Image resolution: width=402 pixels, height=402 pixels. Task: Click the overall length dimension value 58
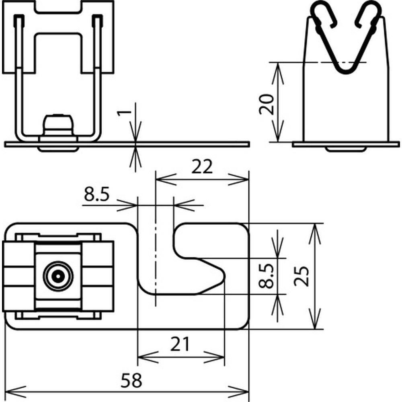(131, 380)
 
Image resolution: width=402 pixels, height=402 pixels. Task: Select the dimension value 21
(180, 344)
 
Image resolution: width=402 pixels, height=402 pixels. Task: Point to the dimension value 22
(202, 167)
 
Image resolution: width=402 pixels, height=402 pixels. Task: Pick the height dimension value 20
(267, 104)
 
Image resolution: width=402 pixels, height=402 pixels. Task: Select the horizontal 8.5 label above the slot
(96, 194)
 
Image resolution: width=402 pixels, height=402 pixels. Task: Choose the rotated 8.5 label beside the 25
(266, 276)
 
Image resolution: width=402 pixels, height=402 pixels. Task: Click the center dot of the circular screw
(58, 277)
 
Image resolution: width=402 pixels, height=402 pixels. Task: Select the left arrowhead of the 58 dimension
(15, 392)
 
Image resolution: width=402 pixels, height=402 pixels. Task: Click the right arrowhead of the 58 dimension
(238, 392)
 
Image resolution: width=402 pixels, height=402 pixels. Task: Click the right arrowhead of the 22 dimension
(238, 179)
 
